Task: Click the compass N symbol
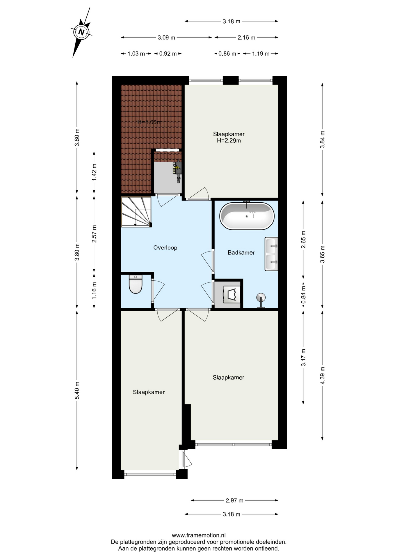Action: click(81, 32)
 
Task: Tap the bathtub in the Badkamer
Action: click(247, 216)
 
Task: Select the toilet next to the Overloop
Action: click(136, 284)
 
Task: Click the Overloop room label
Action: click(165, 248)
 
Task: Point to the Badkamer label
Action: click(241, 253)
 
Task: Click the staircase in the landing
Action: click(136, 212)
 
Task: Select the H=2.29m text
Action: click(229, 141)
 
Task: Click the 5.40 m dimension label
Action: click(77, 390)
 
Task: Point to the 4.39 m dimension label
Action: click(322, 375)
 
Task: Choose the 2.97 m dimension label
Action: click(234, 500)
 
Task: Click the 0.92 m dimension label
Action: click(168, 54)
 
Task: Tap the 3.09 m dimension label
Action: click(166, 38)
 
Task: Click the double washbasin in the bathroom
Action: click(271, 254)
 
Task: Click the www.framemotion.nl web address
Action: click(199, 535)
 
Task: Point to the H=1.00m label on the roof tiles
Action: click(150, 122)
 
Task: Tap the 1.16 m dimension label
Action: click(94, 291)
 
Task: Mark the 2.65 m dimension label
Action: click(303, 239)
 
